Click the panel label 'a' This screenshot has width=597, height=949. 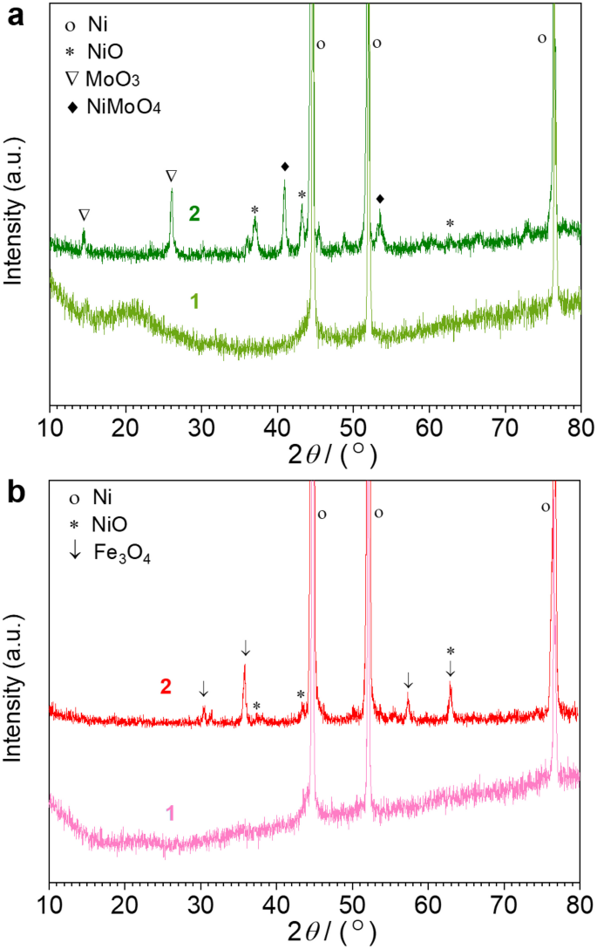15,16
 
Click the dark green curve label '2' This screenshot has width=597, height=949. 195,214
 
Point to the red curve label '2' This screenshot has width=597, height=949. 165,686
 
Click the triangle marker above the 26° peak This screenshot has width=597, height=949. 171,176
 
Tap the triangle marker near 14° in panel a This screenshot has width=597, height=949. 84,215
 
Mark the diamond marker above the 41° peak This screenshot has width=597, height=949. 285,166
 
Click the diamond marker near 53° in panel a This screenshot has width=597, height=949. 380,199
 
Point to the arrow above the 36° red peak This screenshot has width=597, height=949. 246,647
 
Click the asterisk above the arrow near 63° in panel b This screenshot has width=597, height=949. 451,652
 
